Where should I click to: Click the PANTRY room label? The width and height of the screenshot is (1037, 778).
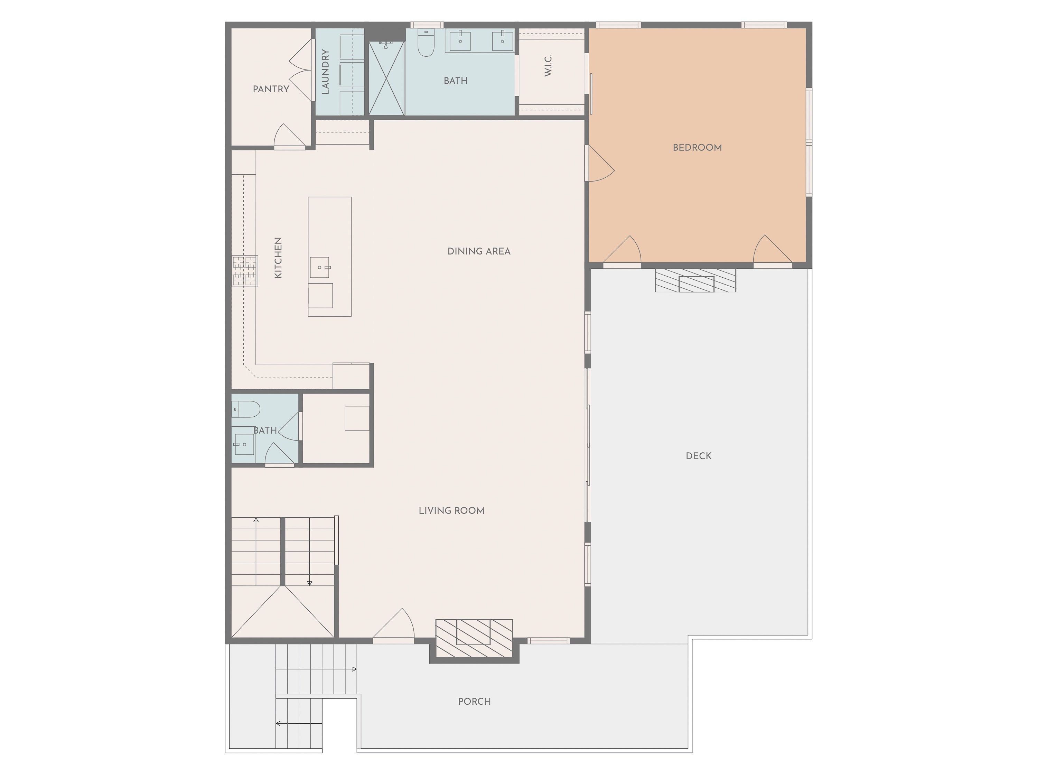(x=271, y=89)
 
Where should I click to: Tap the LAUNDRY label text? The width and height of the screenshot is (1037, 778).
(x=325, y=72)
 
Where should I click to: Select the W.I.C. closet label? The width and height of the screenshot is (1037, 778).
(x=548, y=65)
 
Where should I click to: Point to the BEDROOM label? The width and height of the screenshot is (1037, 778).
(x=697, y=148)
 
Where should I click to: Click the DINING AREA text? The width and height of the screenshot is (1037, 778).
(x=479, y=251)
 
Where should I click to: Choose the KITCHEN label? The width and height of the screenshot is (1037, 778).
(x=278, y=258)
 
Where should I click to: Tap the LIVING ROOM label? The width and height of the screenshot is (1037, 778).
(x=451, y=511)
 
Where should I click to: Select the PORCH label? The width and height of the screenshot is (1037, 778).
(x=475, y=702)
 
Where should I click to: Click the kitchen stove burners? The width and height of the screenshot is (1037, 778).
(x=245, y=271)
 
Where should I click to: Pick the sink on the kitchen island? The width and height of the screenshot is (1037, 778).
(x=320, y=267)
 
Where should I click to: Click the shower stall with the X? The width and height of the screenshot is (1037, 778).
(x=386, y=78)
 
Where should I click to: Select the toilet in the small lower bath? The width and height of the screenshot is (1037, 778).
(x=246, y=409)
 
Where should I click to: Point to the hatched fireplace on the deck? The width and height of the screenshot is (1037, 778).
(x=696, y=280)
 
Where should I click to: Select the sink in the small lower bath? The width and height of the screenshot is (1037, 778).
(x=244, y=444)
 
